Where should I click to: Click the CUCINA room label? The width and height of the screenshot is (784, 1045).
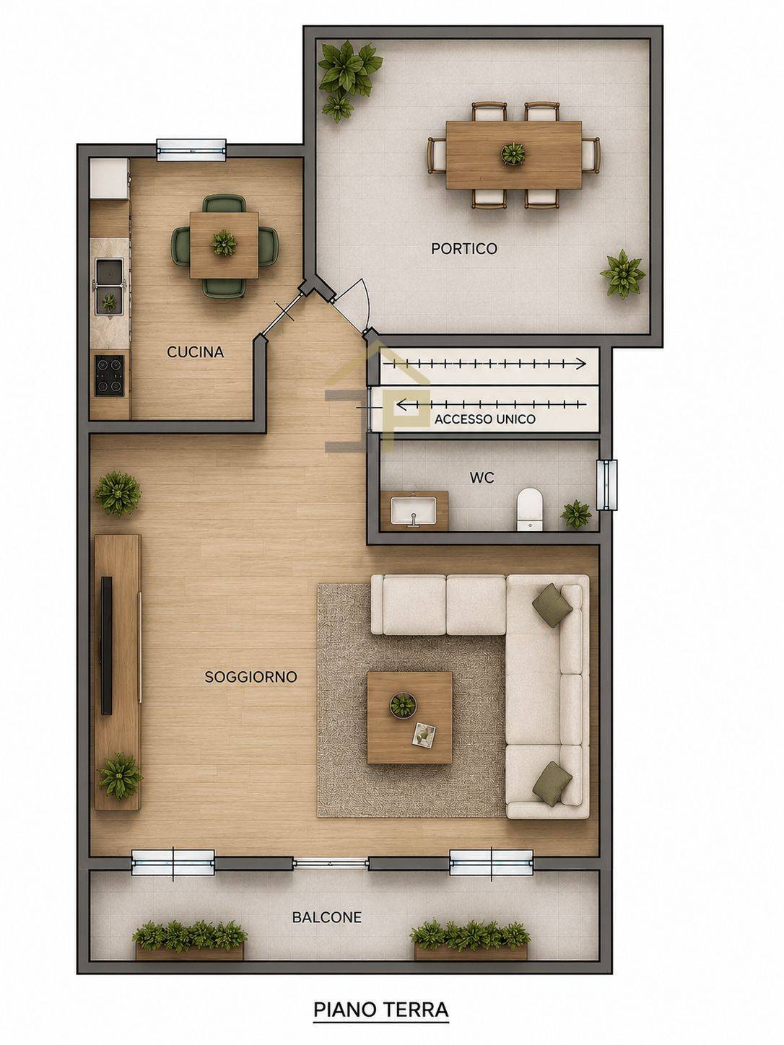(195, 352)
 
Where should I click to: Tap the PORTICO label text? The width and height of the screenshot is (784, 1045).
(464, 248)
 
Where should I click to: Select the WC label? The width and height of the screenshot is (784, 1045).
(482, 478)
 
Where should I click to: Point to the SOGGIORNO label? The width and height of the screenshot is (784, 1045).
(251, 676)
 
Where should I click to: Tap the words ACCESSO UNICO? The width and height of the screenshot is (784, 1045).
(484, 419)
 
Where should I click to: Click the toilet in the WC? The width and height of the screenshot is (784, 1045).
(530, 509)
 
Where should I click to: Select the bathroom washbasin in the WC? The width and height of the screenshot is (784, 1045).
(414, 511)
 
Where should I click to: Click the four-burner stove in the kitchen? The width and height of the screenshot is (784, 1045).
(110, 375)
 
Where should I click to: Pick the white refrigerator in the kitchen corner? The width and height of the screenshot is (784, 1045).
(110, 178)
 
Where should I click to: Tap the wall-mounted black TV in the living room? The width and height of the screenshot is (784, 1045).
(107, 646)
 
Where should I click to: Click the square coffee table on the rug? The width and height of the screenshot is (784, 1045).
(409, 717)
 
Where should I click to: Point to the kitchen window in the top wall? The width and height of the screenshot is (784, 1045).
(191, 149)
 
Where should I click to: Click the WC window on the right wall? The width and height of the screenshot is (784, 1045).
(606, 485)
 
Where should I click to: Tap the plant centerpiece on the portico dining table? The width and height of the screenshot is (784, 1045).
(513, 154)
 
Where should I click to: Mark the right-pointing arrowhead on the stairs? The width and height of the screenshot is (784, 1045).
(581, 364)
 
